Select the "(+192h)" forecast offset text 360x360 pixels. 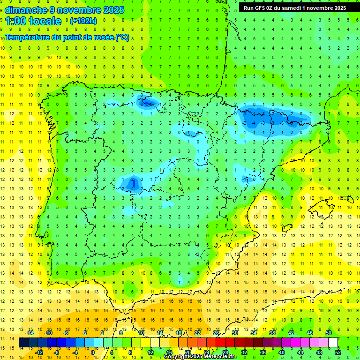83,21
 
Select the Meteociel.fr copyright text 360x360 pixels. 200,357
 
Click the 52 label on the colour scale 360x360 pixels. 338,352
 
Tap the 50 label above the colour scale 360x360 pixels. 329,333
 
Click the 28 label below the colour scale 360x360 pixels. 225,352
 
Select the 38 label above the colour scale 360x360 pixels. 272,333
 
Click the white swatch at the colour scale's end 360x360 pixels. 333,343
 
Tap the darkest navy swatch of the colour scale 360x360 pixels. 24,343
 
